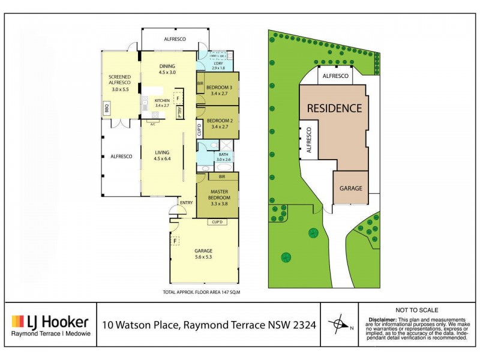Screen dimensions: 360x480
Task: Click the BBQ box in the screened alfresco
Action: point(106,109)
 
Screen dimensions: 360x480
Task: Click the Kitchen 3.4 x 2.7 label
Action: point(162,103)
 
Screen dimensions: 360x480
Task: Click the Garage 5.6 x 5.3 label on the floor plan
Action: point(203,254)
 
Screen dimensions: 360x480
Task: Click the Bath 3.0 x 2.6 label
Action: point(223,157)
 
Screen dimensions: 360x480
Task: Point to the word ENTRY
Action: point(186,203)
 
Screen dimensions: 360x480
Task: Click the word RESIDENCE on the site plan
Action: point(334,109)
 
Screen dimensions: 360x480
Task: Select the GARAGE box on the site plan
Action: point(351,188)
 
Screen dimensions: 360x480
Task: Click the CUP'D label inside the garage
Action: point(217,223)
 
